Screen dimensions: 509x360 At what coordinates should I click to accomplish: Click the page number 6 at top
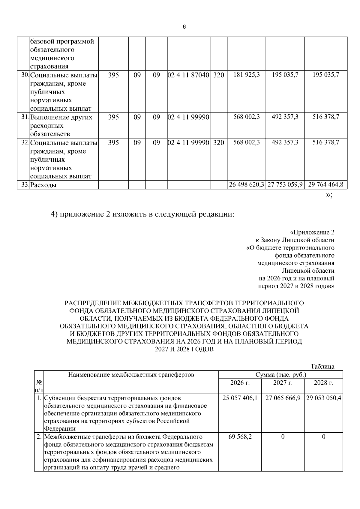[x=184, y=27]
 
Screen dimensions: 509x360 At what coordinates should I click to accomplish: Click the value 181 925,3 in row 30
[x=247, y=75]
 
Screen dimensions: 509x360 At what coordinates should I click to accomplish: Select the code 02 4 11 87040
[x=188, y=75]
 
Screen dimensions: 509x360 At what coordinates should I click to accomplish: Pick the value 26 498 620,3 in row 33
[x=246, y=185]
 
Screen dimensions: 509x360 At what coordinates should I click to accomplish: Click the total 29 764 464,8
[x=326, y=185]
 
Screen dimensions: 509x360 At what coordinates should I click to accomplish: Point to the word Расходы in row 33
[x=43, y=185]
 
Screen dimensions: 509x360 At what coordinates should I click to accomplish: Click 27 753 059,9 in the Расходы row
[x=285, y=185]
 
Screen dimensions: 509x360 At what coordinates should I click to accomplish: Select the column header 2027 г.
[x=283, y=383]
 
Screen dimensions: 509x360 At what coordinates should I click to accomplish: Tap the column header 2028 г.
[x=323, y=383]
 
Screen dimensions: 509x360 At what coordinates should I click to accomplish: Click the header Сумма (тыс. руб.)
[x=280, y=375]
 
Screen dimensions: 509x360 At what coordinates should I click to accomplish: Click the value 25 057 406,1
[x=240, y=398]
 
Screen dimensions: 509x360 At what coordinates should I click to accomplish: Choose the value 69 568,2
[x=240, y=437]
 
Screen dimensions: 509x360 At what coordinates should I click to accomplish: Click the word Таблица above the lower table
[x=322, y=367]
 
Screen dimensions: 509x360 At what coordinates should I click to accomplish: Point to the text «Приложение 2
[x=312, y=232]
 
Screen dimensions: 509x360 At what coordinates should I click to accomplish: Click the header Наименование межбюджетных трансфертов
[x=131, y=375]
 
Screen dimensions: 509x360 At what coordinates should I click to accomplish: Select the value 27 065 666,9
[x=283, y=398]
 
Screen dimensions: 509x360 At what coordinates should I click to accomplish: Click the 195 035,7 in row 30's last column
[x=326, y=75]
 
